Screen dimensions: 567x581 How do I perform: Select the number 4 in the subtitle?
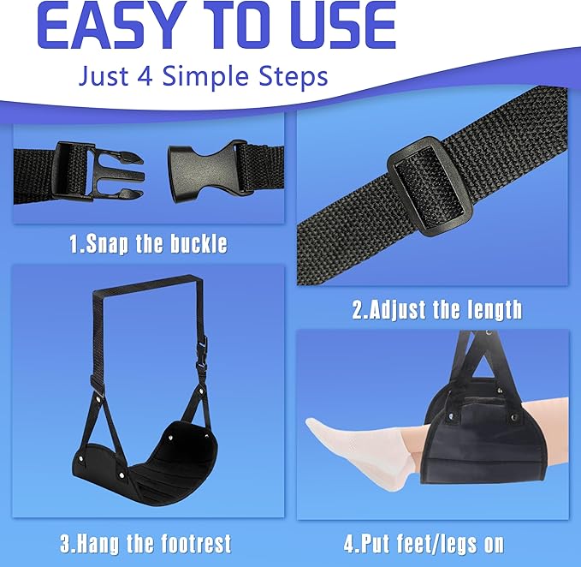pyautogui.click(x=143, y=76)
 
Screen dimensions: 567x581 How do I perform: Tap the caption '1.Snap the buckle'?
pyautogui.click(x=148, y=243)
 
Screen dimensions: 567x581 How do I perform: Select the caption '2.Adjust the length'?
pyautogui.click(x=436, y=308)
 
